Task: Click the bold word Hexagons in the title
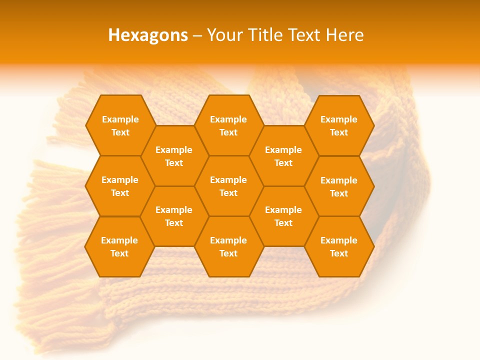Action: coord(148,35)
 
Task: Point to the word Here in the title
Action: coord(345,35)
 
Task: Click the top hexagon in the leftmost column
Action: coord(120,125)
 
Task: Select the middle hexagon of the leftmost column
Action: coord(120,186)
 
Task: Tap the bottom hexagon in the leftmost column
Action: coord(119,246)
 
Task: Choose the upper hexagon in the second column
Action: coord(174,156)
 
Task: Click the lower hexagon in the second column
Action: coord(174,216)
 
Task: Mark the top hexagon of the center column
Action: coord(228,125)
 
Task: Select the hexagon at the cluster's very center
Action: coord(228,186)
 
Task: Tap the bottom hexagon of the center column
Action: coord(228,246)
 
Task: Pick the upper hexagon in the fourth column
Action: coord(283,156)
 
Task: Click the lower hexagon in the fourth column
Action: coord(283,216)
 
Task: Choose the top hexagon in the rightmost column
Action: coord(339,125)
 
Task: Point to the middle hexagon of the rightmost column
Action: coord(339,186)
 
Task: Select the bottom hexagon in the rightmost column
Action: coord(339,246)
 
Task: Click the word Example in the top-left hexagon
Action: coord(120,119)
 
